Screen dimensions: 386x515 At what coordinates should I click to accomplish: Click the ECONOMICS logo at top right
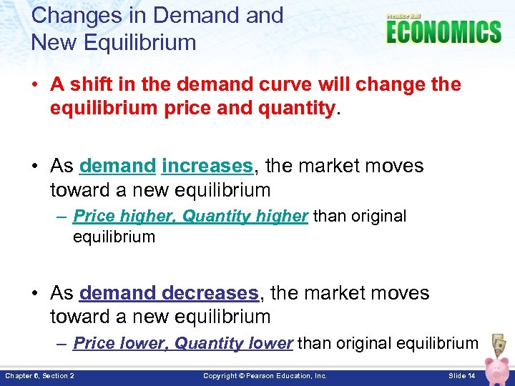coord(443,31)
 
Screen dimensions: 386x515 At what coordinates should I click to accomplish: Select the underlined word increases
coord(207,166)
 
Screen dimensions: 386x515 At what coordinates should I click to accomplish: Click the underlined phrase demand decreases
coord(169,293)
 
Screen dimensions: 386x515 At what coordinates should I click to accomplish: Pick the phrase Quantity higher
coord(245,216)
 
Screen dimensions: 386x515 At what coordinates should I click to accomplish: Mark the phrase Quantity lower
coord(234,343)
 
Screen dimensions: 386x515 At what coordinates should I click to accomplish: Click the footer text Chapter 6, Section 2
coord(40,375)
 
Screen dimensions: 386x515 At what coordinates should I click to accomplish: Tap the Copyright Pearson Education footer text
coord(265,375)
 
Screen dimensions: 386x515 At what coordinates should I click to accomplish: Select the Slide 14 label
coord(461,375)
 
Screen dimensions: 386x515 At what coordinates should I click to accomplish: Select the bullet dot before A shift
coord(36,85)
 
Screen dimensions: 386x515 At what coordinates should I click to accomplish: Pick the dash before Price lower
coord(62,343)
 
